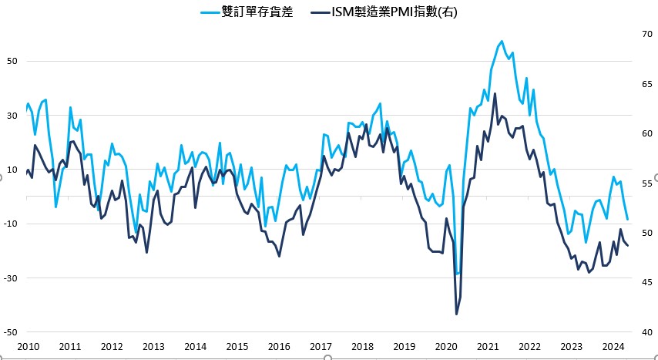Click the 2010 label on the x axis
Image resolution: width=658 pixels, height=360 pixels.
pos(29,347)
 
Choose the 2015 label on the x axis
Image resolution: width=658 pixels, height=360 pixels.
pos(237,347)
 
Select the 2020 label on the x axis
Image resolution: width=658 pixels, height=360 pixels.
pos(446,347)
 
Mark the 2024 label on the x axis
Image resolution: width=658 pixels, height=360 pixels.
pos(613,347)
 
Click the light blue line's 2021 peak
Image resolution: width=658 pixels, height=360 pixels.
pos(502,41)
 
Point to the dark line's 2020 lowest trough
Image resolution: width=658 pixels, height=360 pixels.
pos(456,314)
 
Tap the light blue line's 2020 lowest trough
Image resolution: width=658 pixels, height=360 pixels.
pos(457,274)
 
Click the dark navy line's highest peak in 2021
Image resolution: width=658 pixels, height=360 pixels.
pos(495,93)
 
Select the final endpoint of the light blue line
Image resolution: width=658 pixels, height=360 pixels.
pos(628,220)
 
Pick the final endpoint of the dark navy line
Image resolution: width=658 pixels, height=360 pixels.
pos(628,246)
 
